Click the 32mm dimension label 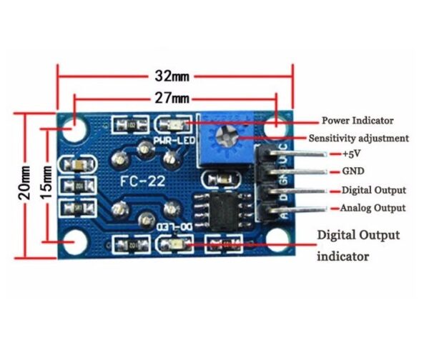tap(174, 74)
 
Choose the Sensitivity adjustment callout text tap(359, 138)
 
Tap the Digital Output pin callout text tap(374, 190)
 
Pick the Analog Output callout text tap(373, 208)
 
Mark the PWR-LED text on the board tap(169, 141)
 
